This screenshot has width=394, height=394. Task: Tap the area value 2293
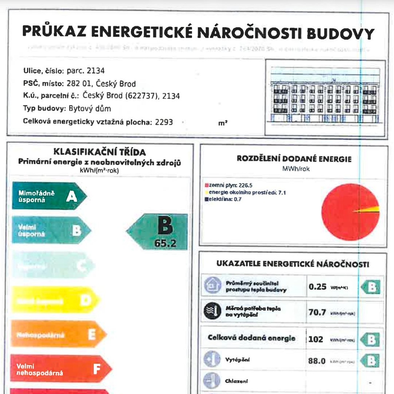[164, 122]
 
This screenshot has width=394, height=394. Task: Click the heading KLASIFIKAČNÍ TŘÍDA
[100, 152]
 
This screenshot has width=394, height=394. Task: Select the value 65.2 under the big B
[165, 243]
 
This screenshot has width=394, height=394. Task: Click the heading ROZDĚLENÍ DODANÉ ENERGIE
[294, 159]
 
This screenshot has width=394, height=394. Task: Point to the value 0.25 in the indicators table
[317, 287]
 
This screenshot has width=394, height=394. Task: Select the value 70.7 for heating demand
[317, 312]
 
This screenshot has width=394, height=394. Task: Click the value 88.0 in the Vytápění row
[317, 361]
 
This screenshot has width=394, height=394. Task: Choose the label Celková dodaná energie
[252, 338]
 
